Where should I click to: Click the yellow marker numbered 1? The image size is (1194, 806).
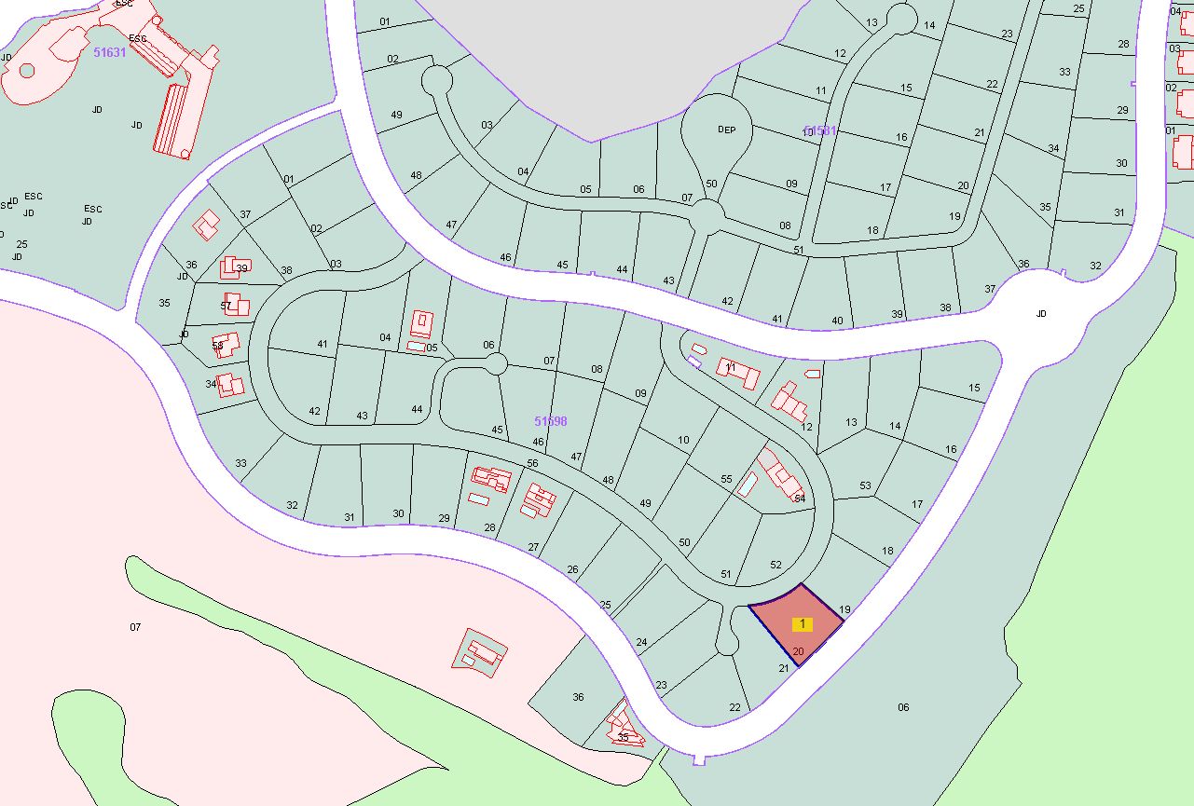803,623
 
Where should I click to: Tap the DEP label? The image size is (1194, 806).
726,130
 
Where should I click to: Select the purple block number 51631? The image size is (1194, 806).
109,53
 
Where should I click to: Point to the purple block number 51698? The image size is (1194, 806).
550,421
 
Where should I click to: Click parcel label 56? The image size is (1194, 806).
533,463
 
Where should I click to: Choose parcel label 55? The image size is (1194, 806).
727,479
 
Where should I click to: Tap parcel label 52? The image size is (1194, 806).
775,565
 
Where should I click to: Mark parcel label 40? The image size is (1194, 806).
837,321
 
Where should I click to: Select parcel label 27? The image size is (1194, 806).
533,547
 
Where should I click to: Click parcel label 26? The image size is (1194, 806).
572,569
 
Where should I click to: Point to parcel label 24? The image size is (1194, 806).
641,642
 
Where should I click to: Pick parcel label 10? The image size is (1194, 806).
683,440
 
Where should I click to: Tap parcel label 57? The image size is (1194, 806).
226,306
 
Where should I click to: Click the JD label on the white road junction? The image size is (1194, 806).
1041,314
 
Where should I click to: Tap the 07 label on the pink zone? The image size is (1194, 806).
135,627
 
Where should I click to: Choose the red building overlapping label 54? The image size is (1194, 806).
780,475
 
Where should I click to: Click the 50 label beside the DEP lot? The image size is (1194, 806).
712,184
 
